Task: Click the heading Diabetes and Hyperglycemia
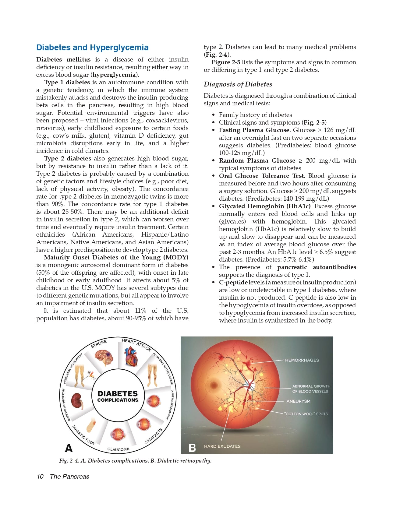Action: point(92,48)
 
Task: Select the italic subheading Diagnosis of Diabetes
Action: point(238,84)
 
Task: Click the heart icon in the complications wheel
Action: point(131,356)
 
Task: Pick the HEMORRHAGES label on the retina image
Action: point(302,360)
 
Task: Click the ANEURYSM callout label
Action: point(298,401)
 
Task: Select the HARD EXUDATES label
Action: point(222,446)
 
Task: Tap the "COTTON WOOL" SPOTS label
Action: point(306,414)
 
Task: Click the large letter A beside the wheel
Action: point(69,448)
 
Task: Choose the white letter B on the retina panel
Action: point(192,448)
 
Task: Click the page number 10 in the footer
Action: point(40,477)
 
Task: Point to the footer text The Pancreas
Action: point(69,477)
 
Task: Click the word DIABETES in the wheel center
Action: point(118,394)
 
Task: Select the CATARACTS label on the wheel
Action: point(153,436)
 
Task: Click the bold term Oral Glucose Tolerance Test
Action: point(261,176)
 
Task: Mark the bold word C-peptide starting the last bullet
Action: point(233,283)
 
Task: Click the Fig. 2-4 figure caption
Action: point(135,461)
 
